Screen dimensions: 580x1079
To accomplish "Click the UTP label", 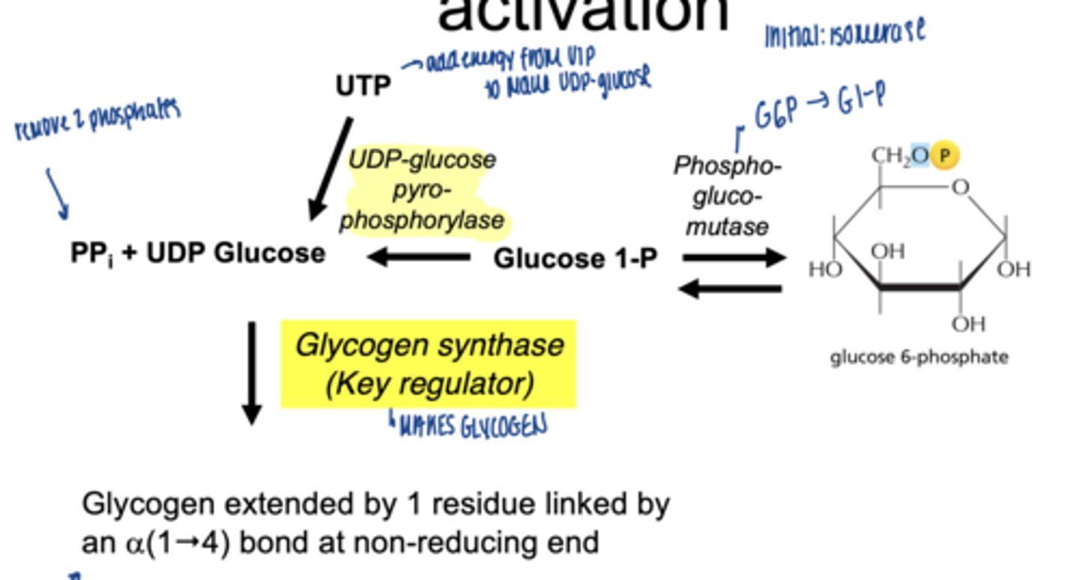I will [363, 86].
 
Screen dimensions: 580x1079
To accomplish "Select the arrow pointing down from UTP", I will [330, 169].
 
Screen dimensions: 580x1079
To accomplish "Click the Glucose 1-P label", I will [575, 259].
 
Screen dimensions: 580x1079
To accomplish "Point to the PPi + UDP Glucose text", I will [198, 253].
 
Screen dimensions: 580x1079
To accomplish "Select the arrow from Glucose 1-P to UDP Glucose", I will [418, 257].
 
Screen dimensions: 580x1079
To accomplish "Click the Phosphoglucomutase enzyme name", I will [727, 196].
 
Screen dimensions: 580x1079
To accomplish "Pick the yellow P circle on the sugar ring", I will [944, 155].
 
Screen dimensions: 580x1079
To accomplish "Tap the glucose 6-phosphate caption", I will [919, 357].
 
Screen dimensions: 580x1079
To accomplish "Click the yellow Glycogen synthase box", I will [428, 364].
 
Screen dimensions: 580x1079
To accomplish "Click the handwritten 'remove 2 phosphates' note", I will [97, 120].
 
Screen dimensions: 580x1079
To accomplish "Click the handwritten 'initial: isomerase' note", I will [844, 34].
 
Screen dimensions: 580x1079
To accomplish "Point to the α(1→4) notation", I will [175, 542].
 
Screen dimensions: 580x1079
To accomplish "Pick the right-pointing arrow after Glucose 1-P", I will [734, 258].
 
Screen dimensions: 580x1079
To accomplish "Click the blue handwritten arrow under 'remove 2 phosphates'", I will [58, 194].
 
